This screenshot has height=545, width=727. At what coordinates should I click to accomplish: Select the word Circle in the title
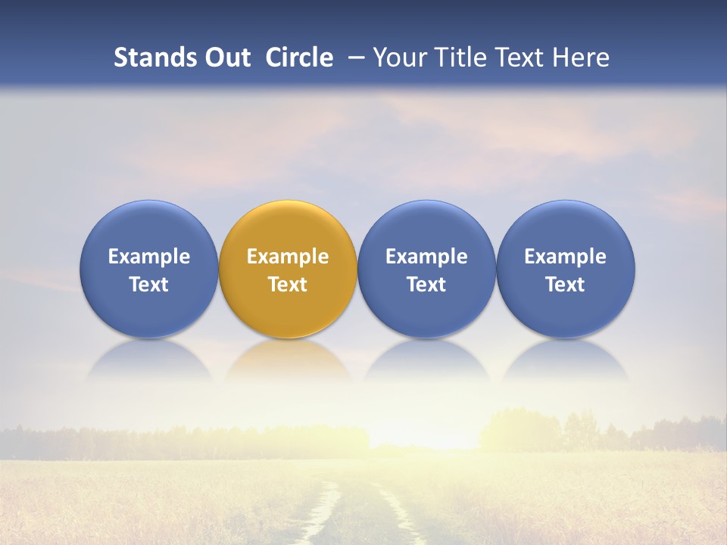point(299,58)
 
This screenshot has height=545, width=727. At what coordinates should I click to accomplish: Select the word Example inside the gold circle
point(288,257)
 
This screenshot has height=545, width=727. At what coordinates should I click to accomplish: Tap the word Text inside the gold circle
point(288,285)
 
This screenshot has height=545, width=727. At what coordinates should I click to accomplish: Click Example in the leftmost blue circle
point(149,257)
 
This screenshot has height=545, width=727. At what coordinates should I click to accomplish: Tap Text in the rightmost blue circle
point(565,285)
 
